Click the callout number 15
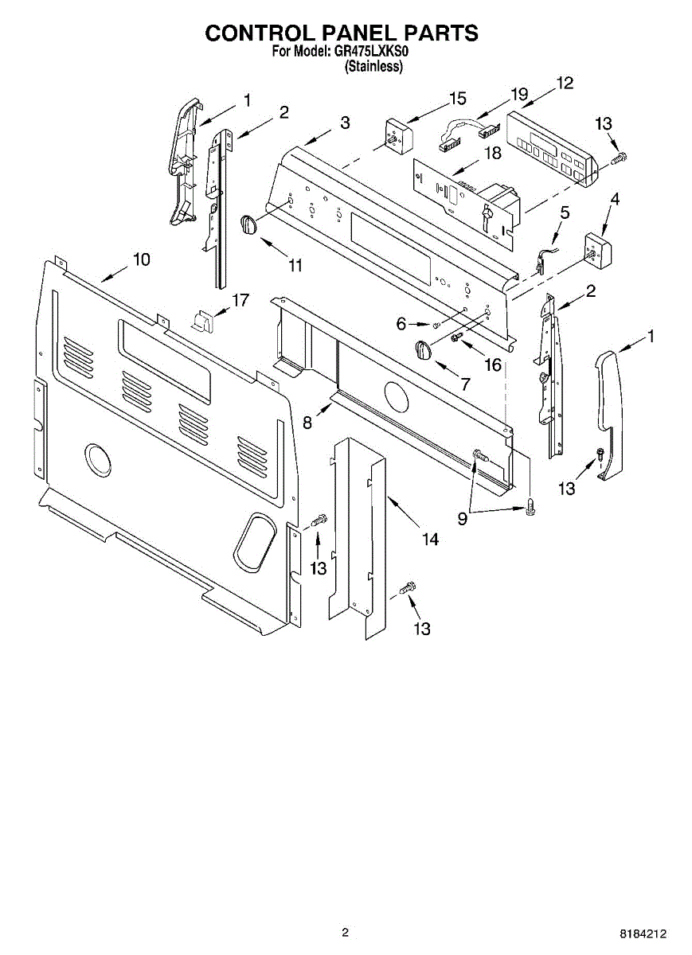point(457,99)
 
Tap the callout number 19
point(519,94)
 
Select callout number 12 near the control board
point(565,82)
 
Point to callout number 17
point(240,300)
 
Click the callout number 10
point(141,259)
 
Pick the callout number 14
point(430,539)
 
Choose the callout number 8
point(307,423)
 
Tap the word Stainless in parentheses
point(373,68)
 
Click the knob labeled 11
point(250,224)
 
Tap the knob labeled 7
point(423,349)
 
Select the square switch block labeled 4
point(599,248)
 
